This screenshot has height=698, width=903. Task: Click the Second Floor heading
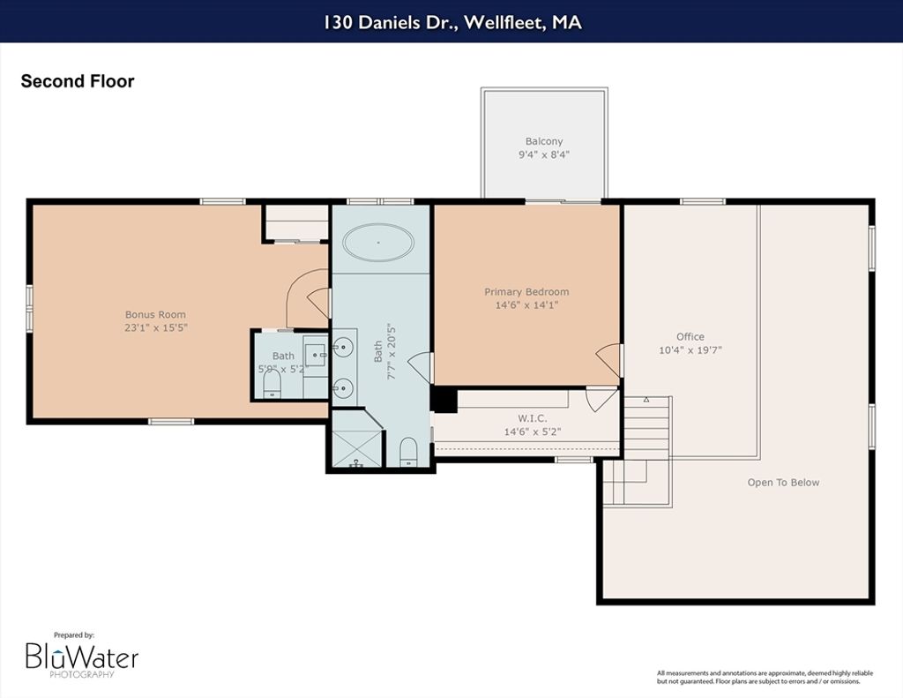point(78,81)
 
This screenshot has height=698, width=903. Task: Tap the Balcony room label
point(543,141)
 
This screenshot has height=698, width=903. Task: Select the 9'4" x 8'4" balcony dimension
point(543,154)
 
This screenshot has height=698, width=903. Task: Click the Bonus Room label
point(155,315)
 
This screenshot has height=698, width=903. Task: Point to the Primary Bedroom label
point(526,292)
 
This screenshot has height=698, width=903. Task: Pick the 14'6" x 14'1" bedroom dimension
point(526,305)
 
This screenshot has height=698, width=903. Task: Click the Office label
point(690,336)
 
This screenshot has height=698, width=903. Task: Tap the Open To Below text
point(783,483)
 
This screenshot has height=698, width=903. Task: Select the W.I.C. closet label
point(532,418)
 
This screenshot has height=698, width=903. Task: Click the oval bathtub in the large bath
point(378,243)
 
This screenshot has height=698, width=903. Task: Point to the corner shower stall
point(357,438)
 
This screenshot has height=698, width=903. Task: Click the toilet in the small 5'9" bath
point(272,384)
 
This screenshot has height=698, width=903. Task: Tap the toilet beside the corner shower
point(408,452)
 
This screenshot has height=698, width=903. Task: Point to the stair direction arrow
point(646,400)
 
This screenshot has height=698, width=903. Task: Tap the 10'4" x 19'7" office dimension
point(690,349)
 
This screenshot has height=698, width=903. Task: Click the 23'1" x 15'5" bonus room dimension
point(156,328)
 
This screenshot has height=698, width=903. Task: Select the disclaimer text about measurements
point(765,677)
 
